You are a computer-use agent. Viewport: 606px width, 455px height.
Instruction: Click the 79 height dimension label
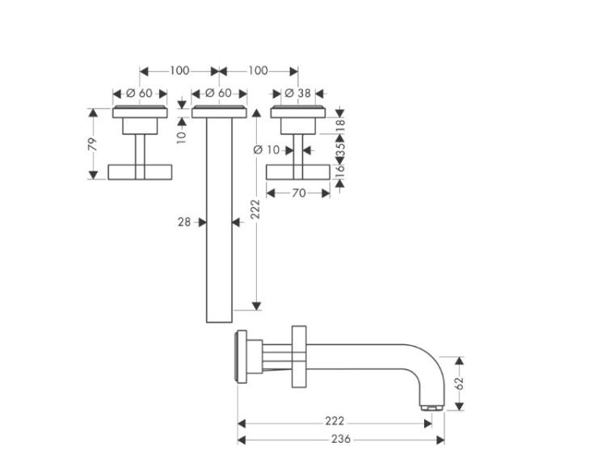(x=93, y=144)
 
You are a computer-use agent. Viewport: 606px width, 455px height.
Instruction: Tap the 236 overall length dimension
(x=341, y=439)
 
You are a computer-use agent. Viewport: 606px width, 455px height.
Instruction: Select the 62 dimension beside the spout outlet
(x=459, y=384)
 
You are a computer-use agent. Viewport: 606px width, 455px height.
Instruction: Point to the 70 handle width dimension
(x=298, y=193)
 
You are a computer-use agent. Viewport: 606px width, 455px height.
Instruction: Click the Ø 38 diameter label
(x=297, y=94)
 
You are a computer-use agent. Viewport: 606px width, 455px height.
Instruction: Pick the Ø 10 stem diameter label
(x=267, y=150)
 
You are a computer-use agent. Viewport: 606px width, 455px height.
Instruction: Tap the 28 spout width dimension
(x=184, y=222)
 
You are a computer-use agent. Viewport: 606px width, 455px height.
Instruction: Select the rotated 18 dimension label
(x=340, y=125)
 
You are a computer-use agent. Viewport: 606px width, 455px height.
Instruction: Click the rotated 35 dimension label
(x=340, y=149)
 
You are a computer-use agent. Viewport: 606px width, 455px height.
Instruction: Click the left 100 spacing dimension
(x=179, y=71)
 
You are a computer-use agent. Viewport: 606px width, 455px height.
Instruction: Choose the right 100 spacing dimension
(x=258, y=71)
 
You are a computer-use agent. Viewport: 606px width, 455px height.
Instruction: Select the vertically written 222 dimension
(x=255, y=209)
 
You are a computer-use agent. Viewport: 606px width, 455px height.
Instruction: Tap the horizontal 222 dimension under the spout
(x=335, y=421)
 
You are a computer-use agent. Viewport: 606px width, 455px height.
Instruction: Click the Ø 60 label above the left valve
(x=140, y=94)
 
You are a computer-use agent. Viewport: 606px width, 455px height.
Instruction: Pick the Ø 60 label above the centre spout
(x=218, y=94)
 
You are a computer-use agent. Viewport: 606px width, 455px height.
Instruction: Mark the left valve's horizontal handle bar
(x=140, y=172)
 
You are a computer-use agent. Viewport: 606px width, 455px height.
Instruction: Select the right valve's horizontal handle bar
(x=298, y=172)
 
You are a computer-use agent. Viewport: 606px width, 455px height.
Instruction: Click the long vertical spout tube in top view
(x=219, y=220)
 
